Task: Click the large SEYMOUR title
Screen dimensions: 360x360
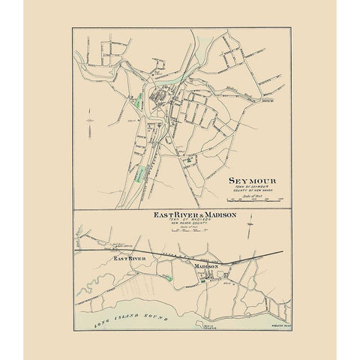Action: tap(251, 181)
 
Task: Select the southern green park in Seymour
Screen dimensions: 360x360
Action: tap(139, 175)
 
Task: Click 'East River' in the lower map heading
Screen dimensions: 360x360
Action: tap(166, 215)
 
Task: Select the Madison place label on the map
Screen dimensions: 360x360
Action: tap(205, 266)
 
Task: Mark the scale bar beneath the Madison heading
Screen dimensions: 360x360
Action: tap(195, 232)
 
